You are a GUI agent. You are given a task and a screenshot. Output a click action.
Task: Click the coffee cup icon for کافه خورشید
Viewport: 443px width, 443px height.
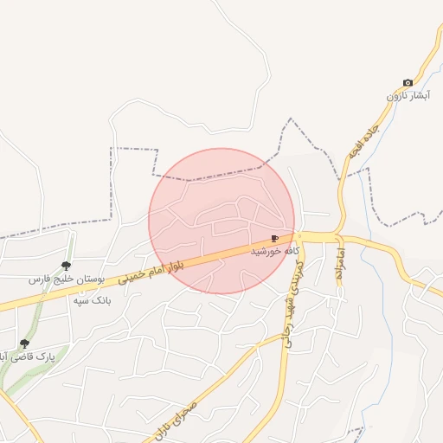[274, 238]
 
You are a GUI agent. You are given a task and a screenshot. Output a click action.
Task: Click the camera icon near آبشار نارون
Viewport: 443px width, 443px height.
[408, 83]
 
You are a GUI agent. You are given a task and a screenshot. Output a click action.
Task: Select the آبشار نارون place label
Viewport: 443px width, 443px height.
[408, 96]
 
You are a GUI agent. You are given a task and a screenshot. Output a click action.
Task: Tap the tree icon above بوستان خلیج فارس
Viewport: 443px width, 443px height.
[66, 266]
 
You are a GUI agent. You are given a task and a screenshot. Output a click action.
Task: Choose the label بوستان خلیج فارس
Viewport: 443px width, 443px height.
[66, 280]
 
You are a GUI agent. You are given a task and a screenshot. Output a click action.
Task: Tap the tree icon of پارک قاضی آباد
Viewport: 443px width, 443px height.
[24, 343]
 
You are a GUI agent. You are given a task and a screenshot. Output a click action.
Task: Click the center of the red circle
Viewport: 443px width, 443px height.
[221, 221]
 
